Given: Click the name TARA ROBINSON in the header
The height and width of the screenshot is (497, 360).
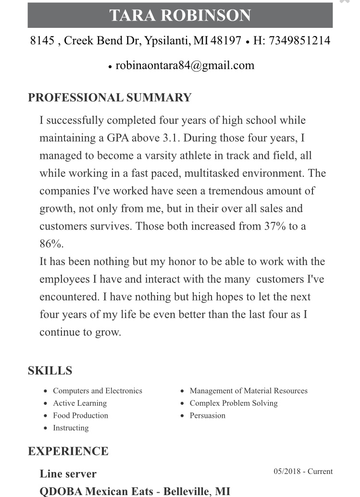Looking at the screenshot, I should click(180, 15).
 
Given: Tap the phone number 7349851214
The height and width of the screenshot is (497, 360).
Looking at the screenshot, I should click(299, 40).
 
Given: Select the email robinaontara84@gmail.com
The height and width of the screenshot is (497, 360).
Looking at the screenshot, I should click(185, 65).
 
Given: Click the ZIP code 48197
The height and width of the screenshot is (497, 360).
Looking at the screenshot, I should click(225, 40).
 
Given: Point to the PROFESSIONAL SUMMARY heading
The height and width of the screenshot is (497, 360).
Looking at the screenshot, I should click(110, 97).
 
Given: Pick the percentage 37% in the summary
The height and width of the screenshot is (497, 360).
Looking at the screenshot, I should click(275, 226).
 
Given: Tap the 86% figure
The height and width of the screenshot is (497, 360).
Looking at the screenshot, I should click(51, 244).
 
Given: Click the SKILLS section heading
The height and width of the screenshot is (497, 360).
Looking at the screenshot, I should click(50, 371).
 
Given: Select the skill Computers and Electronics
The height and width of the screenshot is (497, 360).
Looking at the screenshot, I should click(98, 391).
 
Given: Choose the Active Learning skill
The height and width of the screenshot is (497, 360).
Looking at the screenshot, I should click(80, 403).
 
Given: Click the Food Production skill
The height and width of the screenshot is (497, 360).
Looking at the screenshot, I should click(80, 415).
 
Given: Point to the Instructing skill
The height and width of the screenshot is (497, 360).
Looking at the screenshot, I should click(71, 428).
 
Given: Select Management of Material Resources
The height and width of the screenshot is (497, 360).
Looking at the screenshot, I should click(248, 391).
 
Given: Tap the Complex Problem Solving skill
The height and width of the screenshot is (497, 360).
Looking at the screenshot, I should click(234, 403).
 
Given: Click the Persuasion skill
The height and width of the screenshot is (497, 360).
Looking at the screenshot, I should click(207, 415).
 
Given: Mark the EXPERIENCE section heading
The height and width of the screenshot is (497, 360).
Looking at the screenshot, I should click(68, 451).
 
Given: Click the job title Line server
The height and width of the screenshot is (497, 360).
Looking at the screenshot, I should click(68, 474).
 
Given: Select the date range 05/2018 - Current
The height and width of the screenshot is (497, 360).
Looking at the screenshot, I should click(303, 472).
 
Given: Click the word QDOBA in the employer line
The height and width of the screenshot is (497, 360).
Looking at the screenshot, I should click(61, 492).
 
